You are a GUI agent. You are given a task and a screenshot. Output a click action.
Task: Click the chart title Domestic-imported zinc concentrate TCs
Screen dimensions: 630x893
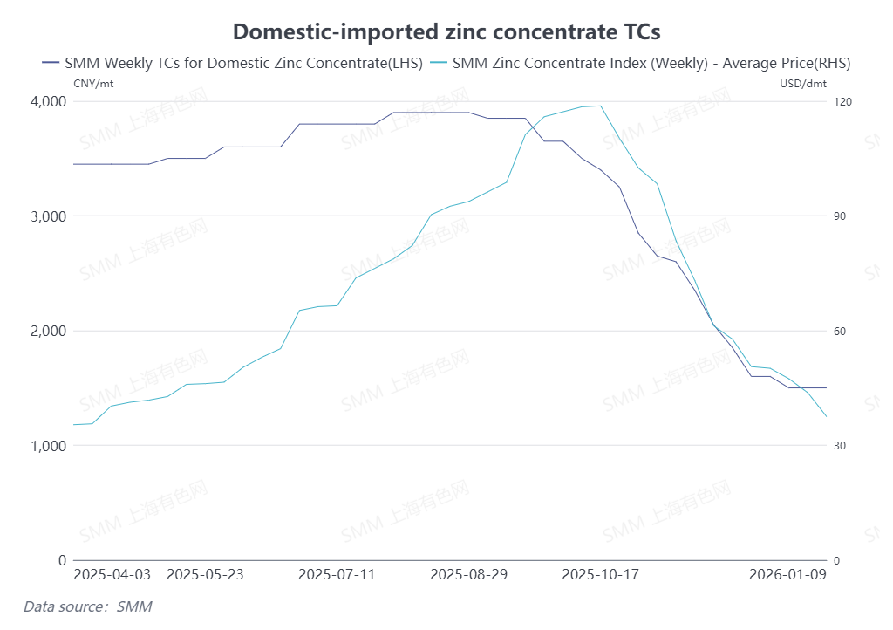pos(446,32)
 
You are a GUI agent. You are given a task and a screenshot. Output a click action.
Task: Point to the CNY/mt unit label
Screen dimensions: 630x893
pos(93,84)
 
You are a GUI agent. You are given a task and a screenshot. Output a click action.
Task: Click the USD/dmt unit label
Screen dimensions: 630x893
pos(803,84)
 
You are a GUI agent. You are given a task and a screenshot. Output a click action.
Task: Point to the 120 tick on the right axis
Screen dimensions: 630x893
pos(843,102)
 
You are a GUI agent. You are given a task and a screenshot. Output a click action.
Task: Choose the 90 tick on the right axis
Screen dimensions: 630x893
pos(841,216)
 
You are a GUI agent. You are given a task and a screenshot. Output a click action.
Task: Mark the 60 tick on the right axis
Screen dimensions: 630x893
pos(841,332)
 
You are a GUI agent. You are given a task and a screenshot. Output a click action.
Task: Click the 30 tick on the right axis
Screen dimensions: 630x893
pos(841,446)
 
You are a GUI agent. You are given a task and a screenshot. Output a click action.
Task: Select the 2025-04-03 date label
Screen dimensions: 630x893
pos(112,575)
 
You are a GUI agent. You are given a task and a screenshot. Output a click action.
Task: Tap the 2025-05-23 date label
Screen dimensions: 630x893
pos(204,575)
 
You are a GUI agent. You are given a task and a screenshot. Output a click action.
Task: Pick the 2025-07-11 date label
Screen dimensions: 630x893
pos(337,575)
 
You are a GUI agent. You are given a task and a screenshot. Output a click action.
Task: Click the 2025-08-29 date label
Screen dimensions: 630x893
pos(468,575)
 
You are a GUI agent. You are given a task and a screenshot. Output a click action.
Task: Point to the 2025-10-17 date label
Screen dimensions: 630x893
pos(601,575)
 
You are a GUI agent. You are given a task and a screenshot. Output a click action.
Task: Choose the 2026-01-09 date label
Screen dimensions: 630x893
pos(788,575)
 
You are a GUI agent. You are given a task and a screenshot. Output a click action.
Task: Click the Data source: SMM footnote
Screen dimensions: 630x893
pos(87,606)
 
